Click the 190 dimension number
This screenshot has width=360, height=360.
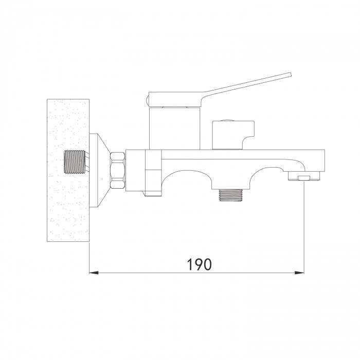[200, 264]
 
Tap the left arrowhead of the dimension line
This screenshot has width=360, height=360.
[94, 273]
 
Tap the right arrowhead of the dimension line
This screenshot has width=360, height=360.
[299, 273]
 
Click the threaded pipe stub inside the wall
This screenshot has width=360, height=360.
[75, 162]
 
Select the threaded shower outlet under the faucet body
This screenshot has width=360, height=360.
[230, 195]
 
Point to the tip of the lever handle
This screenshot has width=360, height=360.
[291, 74]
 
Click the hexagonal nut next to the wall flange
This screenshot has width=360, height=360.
[118, 170]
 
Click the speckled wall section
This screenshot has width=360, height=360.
[68, 170]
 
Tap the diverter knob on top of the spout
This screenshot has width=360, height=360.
[233, 135]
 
